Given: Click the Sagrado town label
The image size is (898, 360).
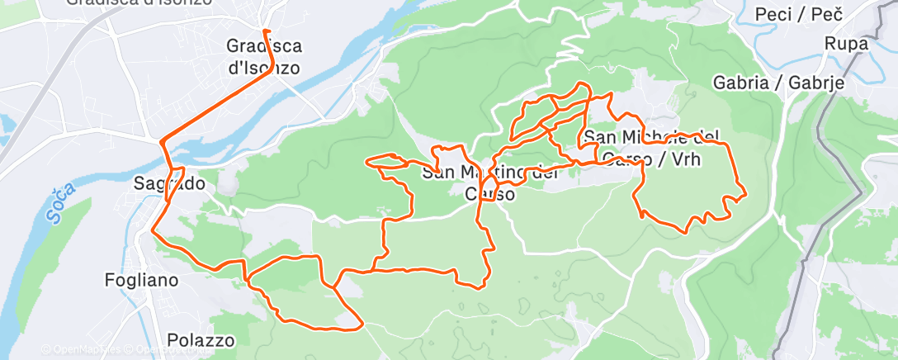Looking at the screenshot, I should click(x=162, y=184).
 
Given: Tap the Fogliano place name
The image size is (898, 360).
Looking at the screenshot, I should click(x=142, y=280).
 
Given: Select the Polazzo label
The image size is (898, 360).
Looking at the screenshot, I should click(x=201, y=339).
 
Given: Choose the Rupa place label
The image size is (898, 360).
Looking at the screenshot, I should click(x=846, y=44).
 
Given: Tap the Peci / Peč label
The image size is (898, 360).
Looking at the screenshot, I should click(x=797, y=14).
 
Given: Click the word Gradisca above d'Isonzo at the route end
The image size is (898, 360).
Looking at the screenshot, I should click(x=264, y=47).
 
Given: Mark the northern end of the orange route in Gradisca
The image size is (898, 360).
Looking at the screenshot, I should click(x=264, y=31).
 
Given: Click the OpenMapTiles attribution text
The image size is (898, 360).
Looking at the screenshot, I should click(x=82, y=349).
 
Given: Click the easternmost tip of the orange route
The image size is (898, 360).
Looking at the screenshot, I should click(x=746, y=195).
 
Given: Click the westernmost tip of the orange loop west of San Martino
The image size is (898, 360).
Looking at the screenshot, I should click(x=366, y=160).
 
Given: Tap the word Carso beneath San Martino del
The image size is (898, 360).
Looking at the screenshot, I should click(x=490, y=195).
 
